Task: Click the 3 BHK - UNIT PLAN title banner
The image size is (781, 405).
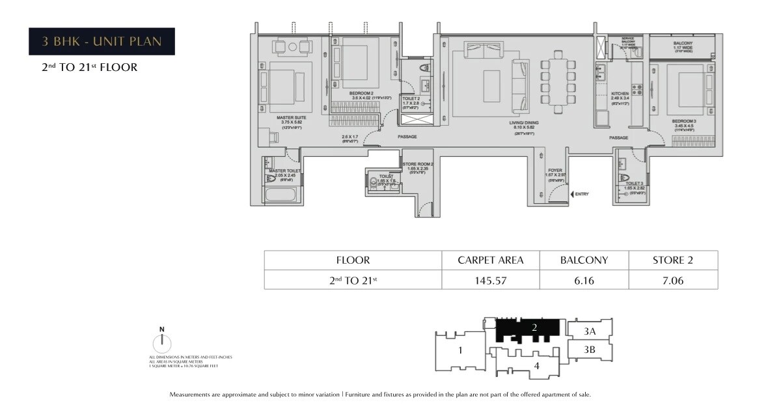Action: tap(101, 42)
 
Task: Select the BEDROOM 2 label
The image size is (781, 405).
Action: tap(361, 94)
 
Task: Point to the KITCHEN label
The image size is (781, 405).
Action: tap(620, 94)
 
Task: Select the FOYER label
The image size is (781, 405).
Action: tap(555, 171)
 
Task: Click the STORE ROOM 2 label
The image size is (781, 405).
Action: tap(417, 164)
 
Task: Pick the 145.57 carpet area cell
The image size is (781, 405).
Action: tap(491, 281)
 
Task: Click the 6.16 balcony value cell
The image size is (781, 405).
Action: tap(584, 281)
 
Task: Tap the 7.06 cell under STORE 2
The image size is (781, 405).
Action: tap(672, 281)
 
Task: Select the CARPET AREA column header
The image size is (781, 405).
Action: tap(491, 260)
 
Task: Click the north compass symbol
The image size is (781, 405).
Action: tap(162, 343)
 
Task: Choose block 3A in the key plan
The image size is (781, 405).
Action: tap(589, 331)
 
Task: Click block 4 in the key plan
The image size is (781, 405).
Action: tap(536, 366)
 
